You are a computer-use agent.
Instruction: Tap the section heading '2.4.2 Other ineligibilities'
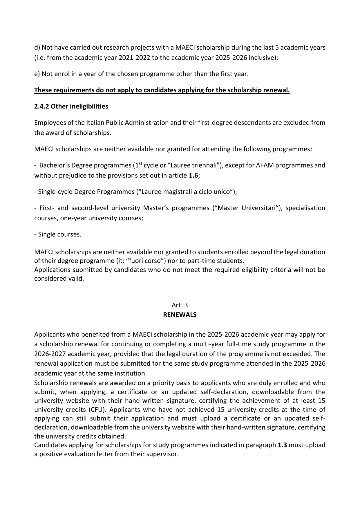[x=71, y=107]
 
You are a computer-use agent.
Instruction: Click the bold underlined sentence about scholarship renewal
[x=162, y=90]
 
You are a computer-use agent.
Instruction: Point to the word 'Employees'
[x=50, y=123]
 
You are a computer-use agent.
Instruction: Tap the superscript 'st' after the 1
[x=140, y=164]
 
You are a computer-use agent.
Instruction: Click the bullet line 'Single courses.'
[x=58, y=234]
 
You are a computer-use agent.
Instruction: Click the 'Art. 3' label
[x=180, y=305]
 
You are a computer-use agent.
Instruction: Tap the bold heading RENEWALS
[x=180, y=315]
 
